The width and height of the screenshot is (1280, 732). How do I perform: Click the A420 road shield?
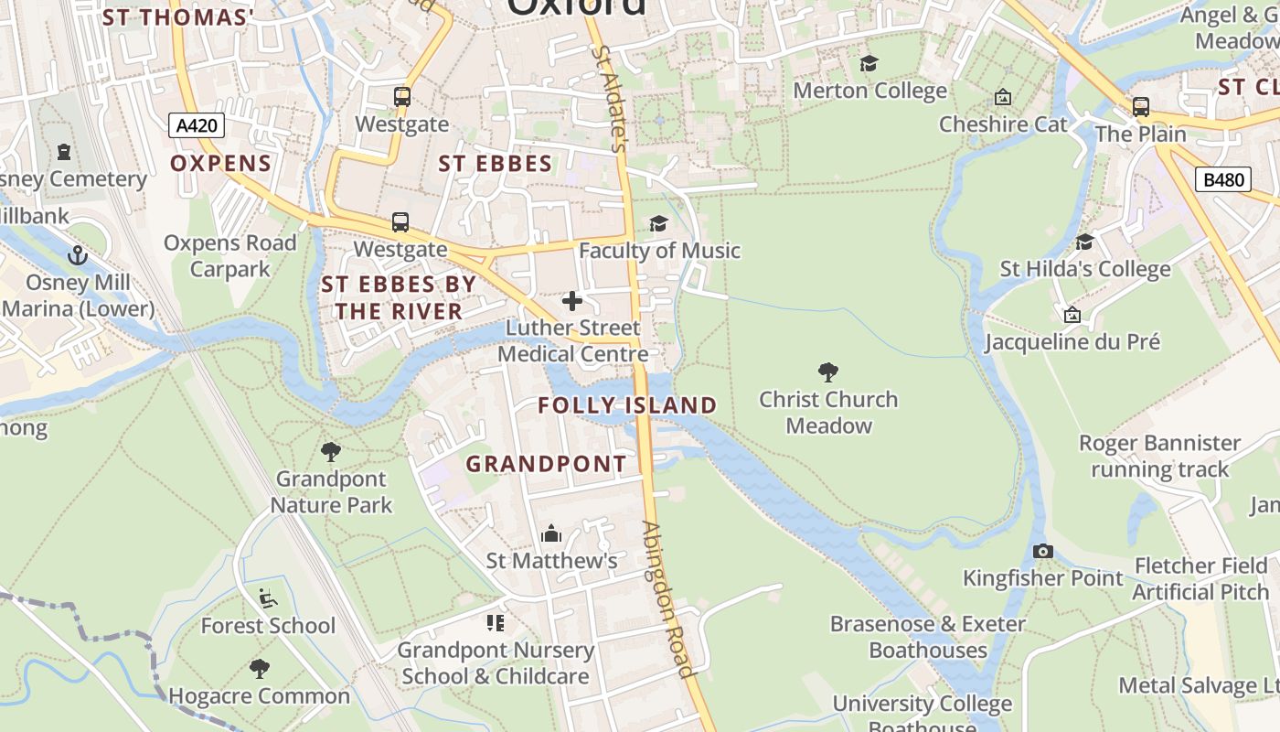[x=197, y=125]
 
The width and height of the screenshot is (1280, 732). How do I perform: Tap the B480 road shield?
[x=1223, y=179]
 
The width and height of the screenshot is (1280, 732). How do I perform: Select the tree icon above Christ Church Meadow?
[x=828, y=372]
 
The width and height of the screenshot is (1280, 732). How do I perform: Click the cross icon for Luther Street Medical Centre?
[x=572, y=300]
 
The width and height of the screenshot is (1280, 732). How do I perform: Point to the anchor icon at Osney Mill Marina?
[x=78, y=255]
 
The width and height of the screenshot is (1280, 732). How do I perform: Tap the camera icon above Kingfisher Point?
[x=1042, y=551]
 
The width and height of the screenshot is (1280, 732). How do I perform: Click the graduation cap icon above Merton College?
[x=869, y=63]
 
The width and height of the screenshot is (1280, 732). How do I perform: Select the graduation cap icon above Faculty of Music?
[x=658, y=223]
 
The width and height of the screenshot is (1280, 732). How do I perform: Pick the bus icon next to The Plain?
[x=1141, y=107]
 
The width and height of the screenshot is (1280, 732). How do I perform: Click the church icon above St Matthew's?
[x=551, y=533]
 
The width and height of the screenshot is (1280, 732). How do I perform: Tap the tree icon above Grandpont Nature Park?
[x=331, y=451]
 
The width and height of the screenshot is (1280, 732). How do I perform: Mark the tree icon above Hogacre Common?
[x=260, y=669]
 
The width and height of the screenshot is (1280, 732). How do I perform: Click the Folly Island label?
[x=627, y=405]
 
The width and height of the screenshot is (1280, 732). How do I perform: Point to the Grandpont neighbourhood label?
[x=547, y=464]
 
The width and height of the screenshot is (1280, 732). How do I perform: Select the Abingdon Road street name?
[x=667, y=598]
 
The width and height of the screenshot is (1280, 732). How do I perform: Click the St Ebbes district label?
[x=496, y=164]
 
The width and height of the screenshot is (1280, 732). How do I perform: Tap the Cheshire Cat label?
[x=1003, y=124]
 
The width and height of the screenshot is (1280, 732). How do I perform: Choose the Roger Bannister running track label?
[x=1159, y=456]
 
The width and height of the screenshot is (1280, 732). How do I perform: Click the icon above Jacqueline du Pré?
[x=1072, y=316]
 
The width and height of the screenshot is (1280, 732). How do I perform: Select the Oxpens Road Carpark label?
[x=230, y=255]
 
